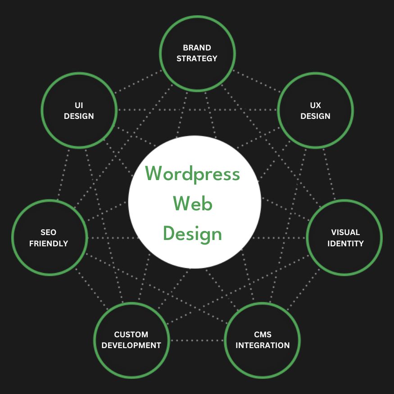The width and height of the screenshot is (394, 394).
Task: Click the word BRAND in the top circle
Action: coord(197,47)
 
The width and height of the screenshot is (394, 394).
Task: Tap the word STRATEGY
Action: coord(197,59)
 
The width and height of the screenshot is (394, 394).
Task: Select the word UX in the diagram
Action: coord(315,105)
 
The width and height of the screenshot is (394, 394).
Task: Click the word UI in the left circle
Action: coord(79,105)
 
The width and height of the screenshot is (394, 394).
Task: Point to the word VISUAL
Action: coord(345,232)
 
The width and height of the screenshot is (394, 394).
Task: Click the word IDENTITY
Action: coord(345,244)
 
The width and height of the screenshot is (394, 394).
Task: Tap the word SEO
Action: coord(48,232)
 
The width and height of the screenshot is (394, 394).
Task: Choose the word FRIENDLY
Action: coord(48,244)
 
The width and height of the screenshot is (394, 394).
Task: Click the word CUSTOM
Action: coord(131,335)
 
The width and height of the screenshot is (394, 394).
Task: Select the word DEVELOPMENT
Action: coord(131,345)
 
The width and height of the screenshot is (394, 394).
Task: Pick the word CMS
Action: coord(263,335)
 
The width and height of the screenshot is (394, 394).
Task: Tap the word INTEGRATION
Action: coord(263,345)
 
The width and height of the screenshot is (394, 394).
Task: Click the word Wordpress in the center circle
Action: coord(193,174)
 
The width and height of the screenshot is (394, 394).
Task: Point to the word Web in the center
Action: coord(193,204)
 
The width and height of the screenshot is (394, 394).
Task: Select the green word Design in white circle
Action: coord(193,234)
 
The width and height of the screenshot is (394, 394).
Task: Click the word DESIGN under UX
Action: coord(315,116)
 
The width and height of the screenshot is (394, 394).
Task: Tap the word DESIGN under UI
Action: coord(79,116)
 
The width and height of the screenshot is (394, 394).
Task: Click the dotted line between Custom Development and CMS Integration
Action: coord(197,340)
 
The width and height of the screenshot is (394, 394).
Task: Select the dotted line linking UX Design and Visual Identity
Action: coord(330,173)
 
